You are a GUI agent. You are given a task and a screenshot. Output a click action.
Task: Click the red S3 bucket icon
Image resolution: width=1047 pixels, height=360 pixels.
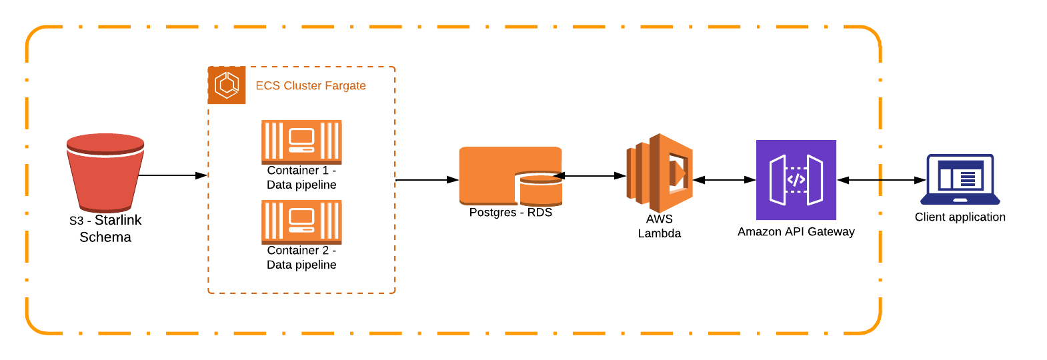[105, 173]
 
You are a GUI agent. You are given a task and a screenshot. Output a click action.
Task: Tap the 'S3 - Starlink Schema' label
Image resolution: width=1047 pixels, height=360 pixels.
[105, 229]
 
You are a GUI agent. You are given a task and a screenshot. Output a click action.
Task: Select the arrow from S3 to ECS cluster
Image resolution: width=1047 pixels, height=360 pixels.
[173, 175]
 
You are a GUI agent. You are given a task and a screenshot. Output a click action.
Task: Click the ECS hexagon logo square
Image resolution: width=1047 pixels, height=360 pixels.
[227, 85]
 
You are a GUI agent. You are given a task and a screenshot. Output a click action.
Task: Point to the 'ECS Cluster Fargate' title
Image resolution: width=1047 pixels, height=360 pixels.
[311, 85]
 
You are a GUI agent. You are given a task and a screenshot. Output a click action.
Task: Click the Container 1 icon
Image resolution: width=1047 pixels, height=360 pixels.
[301, 142]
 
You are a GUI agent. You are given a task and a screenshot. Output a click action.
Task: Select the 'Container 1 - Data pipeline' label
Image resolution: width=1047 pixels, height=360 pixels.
[301, 177]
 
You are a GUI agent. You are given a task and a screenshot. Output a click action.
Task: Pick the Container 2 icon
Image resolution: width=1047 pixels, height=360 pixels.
[301, 222]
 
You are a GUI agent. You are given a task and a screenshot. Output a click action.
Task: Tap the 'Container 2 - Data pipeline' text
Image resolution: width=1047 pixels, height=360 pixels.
[301, 257]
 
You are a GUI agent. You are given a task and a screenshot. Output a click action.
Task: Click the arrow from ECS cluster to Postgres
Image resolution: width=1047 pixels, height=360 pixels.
[427, 180]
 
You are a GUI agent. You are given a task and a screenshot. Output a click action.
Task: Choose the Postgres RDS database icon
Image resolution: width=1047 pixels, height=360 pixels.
[510, 176]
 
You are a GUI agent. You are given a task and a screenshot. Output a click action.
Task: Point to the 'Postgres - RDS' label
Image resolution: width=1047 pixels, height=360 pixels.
[510, 212]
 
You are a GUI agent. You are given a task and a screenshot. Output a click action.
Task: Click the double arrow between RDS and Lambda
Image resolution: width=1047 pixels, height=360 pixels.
[590, 176]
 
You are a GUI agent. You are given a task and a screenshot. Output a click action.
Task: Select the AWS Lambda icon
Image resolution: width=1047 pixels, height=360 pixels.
[660, 173]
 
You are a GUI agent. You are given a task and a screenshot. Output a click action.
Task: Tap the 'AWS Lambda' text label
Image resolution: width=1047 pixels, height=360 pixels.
[660, 226]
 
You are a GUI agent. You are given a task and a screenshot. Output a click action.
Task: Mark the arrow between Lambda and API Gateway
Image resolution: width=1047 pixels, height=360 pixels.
[724, 180]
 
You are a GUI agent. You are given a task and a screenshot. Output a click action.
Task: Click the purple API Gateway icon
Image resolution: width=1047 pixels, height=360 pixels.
[796, 180]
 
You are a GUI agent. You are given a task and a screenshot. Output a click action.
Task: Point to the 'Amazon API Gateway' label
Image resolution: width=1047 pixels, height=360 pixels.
[796, 231]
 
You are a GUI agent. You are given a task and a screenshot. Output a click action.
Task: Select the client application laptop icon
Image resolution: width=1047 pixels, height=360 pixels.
[960, 179]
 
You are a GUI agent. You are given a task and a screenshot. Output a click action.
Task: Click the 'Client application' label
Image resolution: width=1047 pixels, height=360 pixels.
[960, 217]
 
